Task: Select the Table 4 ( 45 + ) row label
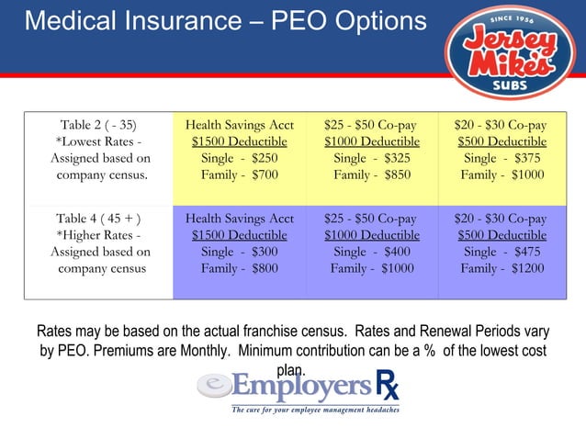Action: [98, 219]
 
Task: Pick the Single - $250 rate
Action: [239, 158]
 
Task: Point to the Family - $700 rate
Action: [239, 174]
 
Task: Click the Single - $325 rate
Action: [371, 158]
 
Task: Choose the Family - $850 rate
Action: [371, 174]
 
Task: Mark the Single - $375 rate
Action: [501, 158]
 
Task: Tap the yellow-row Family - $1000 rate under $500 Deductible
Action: [501, 174]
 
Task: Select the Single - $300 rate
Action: [239, 252]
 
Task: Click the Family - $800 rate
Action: [239, 268]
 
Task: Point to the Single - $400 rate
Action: [371, 252]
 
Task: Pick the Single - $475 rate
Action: [501, 252]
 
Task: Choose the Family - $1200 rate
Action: [501, 268]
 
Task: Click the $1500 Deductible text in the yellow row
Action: [239, 141]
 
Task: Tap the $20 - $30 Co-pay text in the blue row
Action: [501, 219]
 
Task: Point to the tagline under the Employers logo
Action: [315, 410]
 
